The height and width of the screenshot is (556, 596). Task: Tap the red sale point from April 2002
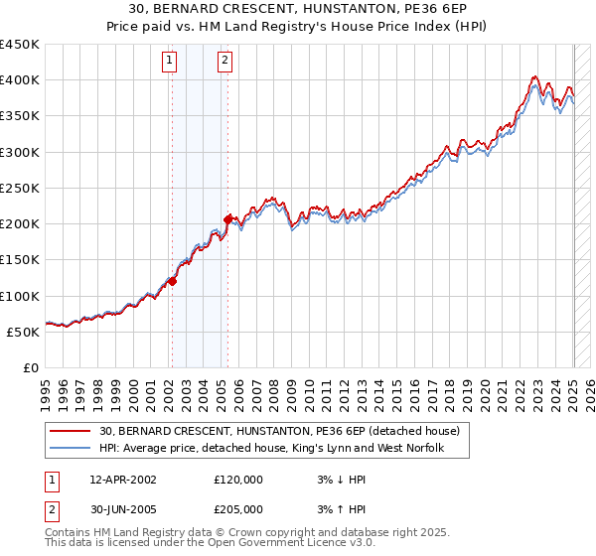pyautogui.click(x=172, y=281)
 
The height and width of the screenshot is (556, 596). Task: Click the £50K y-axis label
pyautogui.click(x=23, y=332)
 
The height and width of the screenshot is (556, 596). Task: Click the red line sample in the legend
pyautogui.click(x=71, y=432)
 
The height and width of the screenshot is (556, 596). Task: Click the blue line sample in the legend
pyautogui.click(x=71, y=449)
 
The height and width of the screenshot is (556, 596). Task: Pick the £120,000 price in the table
pyautogui.click(x=238, y=480)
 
